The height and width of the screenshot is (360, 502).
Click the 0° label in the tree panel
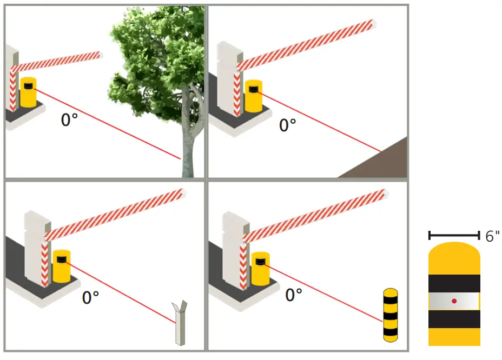pos(69,119)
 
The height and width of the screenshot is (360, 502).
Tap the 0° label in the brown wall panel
pos(287,125)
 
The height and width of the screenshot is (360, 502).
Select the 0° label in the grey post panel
pos(90,297)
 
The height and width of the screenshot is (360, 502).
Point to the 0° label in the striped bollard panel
pos(293,295)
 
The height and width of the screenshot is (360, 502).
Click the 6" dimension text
pos(492,236)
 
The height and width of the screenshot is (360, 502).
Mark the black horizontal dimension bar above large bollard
pos(454,235)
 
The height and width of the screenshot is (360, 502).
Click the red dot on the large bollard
pos(454,301)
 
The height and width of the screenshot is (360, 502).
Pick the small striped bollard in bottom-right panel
pos(390,315)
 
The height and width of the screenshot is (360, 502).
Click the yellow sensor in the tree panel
pos(28,92)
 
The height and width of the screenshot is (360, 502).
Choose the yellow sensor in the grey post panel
pos(61,266)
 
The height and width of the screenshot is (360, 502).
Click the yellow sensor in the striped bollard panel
pos(261,269)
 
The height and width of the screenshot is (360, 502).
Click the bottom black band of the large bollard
pos(454,319)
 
